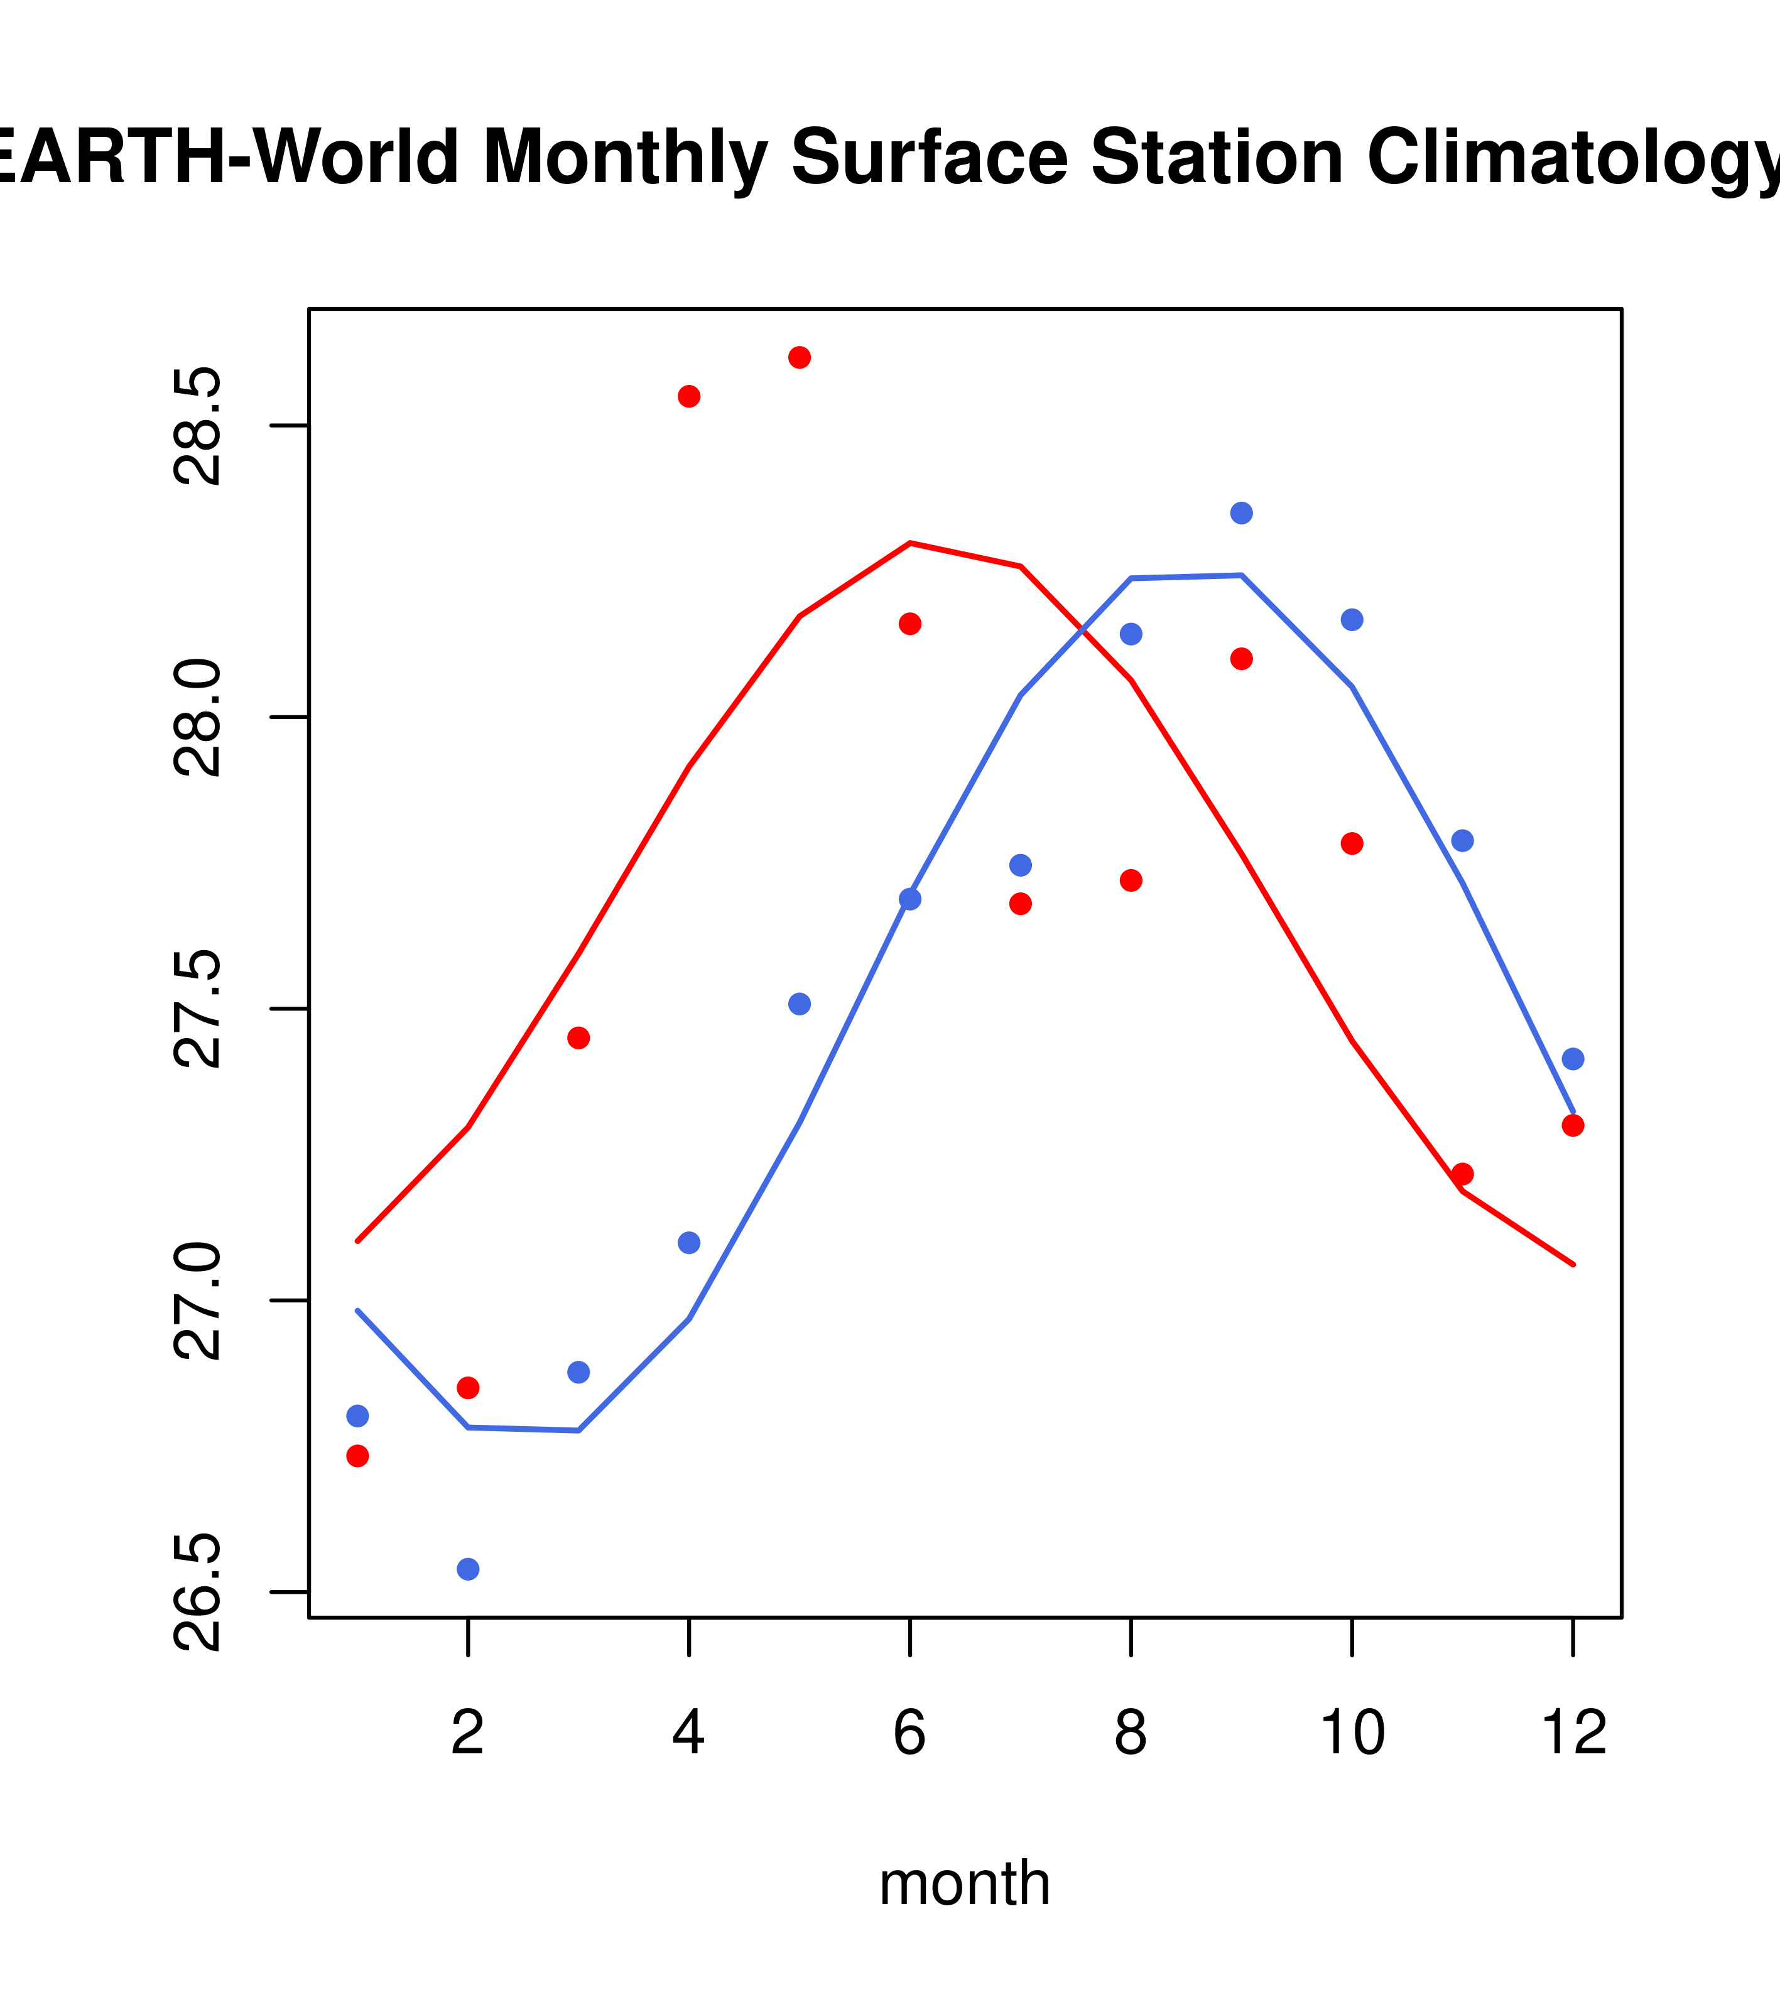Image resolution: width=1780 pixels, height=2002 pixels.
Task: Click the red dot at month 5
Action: point(800,357)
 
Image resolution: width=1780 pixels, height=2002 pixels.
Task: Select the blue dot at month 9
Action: point(1241,513)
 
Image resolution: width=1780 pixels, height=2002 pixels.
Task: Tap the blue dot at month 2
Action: point(469,1569)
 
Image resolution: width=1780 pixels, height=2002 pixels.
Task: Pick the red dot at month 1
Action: point(357,1456)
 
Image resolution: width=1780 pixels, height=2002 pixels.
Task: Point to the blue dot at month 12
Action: point(1572,1059)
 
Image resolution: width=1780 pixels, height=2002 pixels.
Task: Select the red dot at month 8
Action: point(1131,880)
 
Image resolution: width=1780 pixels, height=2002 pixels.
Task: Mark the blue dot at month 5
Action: point(800,1004)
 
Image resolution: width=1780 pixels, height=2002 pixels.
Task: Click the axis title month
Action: point(964,1883)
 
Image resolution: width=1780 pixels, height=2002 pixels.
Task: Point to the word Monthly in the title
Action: point(624,159)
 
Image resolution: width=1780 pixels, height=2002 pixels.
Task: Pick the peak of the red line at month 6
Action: point(910,543)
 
